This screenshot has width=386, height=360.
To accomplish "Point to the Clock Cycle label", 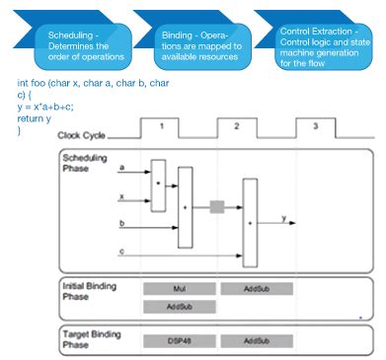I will pos(82,135).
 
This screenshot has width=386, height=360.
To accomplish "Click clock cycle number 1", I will pos(163,126).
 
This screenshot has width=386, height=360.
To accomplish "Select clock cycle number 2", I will pos(237,126).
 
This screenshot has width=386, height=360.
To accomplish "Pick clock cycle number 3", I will pos(314,126).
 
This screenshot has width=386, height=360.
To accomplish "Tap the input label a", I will pos(120,168).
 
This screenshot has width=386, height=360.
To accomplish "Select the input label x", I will pos(120,196).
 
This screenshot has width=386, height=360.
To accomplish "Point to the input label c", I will pos(120,253).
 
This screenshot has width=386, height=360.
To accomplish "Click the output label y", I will pos(284,216).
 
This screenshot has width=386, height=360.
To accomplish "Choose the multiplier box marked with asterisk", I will pos(158,184).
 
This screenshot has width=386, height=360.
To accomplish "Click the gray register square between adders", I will pos(217,208).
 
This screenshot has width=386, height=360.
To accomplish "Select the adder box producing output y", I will pos(250,223).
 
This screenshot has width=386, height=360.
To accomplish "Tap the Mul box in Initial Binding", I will pos(179,289).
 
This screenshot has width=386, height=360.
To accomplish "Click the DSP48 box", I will pos(179,340).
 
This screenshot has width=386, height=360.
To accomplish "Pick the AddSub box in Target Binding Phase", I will pos(255,340).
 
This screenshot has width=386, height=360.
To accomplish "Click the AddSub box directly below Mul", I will pos(179,307).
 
